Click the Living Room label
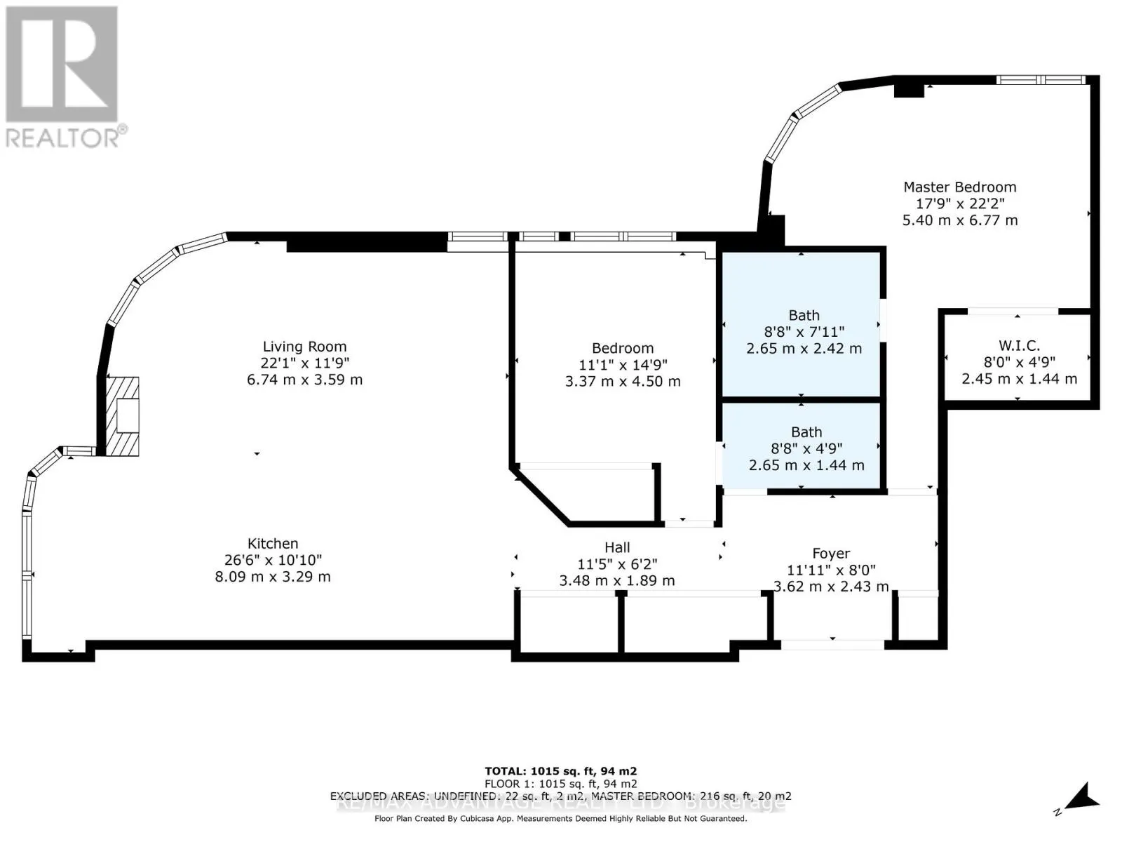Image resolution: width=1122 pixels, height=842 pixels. (304, 346)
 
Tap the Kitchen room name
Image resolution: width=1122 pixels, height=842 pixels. (273, 543)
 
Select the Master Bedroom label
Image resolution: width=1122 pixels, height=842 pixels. (959, 187)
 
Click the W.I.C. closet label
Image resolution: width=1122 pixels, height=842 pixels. (1019, 345)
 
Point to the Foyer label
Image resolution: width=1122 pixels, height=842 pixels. (831, 554)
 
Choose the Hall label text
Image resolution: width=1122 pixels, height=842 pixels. (617, 547)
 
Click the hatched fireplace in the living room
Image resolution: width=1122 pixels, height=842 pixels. (123, 416)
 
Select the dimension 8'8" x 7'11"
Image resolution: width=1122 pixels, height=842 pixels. (804, 332)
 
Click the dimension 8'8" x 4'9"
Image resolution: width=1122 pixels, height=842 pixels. (806, 448)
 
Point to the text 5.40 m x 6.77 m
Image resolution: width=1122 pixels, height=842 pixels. (959, 220)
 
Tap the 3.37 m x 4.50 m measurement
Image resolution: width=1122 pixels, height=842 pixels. (623, 381)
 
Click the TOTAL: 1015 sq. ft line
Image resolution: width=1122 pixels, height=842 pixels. (560, 770)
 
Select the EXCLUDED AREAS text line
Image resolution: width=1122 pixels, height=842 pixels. (560, 796)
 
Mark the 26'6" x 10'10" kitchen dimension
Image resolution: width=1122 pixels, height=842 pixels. (273, 560)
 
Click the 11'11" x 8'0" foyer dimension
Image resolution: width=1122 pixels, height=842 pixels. (831, 570)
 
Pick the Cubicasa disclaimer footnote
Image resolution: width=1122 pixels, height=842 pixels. (560, 818)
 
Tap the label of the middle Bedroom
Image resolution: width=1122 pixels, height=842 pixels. (623, 348)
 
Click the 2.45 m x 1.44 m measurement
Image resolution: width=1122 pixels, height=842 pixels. (1019, 378)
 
